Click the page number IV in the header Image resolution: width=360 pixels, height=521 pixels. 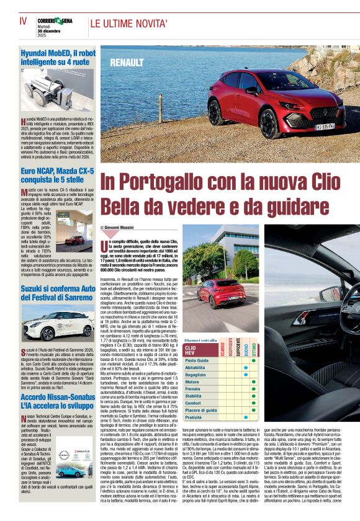[22, 20]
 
